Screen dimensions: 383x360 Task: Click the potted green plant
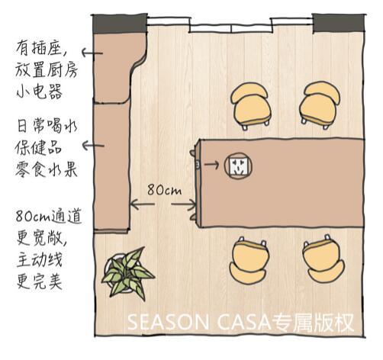pos(127,274)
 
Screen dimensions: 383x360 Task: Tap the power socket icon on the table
pos(238,166)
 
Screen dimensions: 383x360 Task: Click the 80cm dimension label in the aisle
pos(165,189)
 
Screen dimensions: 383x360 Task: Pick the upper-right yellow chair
pos(320,104)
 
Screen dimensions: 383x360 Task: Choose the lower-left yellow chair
pos(249,260)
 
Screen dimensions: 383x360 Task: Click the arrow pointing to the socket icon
pos(211,165)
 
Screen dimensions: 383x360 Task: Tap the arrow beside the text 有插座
pos(92,53)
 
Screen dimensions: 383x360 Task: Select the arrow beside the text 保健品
pos(93,146)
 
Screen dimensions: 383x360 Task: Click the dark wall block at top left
pos(120,24)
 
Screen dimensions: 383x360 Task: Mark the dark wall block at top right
pos(339,23)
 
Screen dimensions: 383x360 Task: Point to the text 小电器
pos(40,91)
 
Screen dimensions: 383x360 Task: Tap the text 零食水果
pos(47,169)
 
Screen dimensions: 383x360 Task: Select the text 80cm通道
pos(49,217)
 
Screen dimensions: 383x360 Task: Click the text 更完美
pos(40,281)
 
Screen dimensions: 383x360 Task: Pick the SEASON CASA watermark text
pos(240,323)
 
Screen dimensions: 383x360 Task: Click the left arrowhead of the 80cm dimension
pos(134,204)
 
